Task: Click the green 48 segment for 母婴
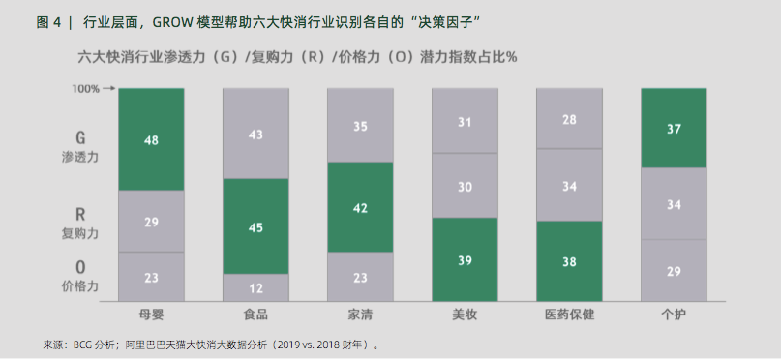click(151, 139)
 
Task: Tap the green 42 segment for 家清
click(360, 207)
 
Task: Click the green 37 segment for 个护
click(674, 128)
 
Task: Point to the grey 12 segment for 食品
click(255, 287)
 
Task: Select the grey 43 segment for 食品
click(255, 135)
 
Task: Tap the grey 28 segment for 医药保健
click(569, 119)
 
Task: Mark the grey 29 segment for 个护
click(674, 271)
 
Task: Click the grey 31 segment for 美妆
click(465, 121)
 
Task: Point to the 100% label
click(86, 89)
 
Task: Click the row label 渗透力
click(81, 156)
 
